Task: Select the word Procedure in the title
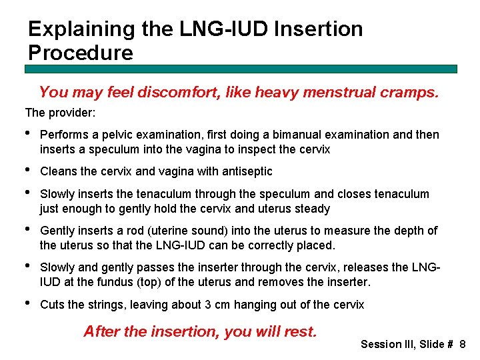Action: (81, 53)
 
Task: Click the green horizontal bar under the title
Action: (241, 69)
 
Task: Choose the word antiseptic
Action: (248, 171)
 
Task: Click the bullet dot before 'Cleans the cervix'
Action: (28, 171)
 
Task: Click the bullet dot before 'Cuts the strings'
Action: (28, 304)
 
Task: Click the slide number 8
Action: (463, 345)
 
